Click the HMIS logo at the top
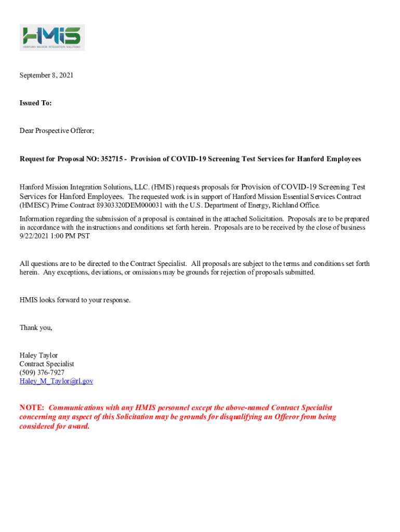tap(52, 37)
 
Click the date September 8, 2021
tap(46, 75)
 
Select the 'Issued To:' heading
tap(35, 103)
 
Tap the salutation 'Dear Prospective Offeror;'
tap(57, 131)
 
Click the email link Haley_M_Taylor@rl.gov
tap(56, 381)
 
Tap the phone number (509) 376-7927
tap(42, 373)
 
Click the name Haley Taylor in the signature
tap(38, 355)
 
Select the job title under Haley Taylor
tap(47, 364)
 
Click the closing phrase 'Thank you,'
tap(36, 328)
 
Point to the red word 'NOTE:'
tap(32, 408)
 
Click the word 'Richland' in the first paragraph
tap(285, 205)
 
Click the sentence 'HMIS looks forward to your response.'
tap(75, 300)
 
